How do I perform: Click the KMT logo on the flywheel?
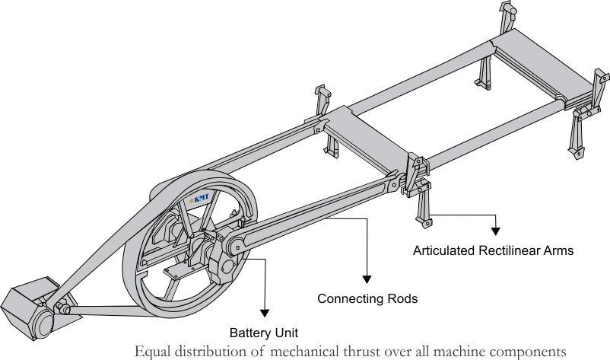[x=199, y=199]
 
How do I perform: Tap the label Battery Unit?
[x=264, y=333]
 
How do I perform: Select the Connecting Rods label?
[x=367, y=298]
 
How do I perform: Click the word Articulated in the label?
[x=444, y=250]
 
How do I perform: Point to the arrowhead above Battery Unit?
[x=265, y=313]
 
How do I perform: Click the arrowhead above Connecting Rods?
[x=367, y=279]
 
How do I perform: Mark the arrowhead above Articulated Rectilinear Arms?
[x=495, y=231]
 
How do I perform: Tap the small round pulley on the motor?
[x=43, y=323]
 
